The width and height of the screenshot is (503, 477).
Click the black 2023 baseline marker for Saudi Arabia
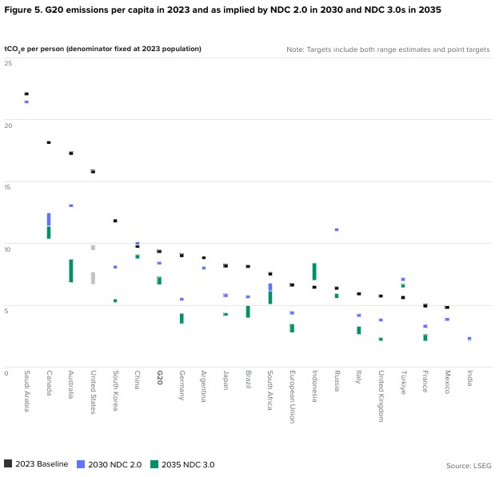[x=26, y=94]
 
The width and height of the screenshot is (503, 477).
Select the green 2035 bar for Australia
[x=70, y=271]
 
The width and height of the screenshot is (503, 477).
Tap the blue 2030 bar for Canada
[x=49, y=219]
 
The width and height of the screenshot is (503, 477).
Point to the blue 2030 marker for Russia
[x=337, y=229]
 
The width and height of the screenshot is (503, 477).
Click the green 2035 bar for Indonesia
[x=314, y=272]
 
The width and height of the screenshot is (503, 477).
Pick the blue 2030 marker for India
[x=469, y=339]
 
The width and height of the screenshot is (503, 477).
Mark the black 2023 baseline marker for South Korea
[x=115, y=221]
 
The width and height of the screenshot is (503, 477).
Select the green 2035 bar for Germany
[x=182, y=318]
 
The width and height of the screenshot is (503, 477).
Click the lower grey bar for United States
[x=93, y=278]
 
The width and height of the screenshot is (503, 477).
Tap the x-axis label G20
[x=160, y=378]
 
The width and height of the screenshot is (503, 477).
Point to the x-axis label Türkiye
[x=403, y=383]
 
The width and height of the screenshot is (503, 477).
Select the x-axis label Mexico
[x=447, y=383]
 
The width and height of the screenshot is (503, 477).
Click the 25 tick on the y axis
[x=7, y=62]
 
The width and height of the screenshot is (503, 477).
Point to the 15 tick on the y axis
[x=7, y=187]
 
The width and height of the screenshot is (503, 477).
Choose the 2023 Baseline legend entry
[x=36, y=464]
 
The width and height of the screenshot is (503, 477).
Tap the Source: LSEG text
[x=469, y=464]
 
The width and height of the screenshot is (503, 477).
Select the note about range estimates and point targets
[x=388, y=50]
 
